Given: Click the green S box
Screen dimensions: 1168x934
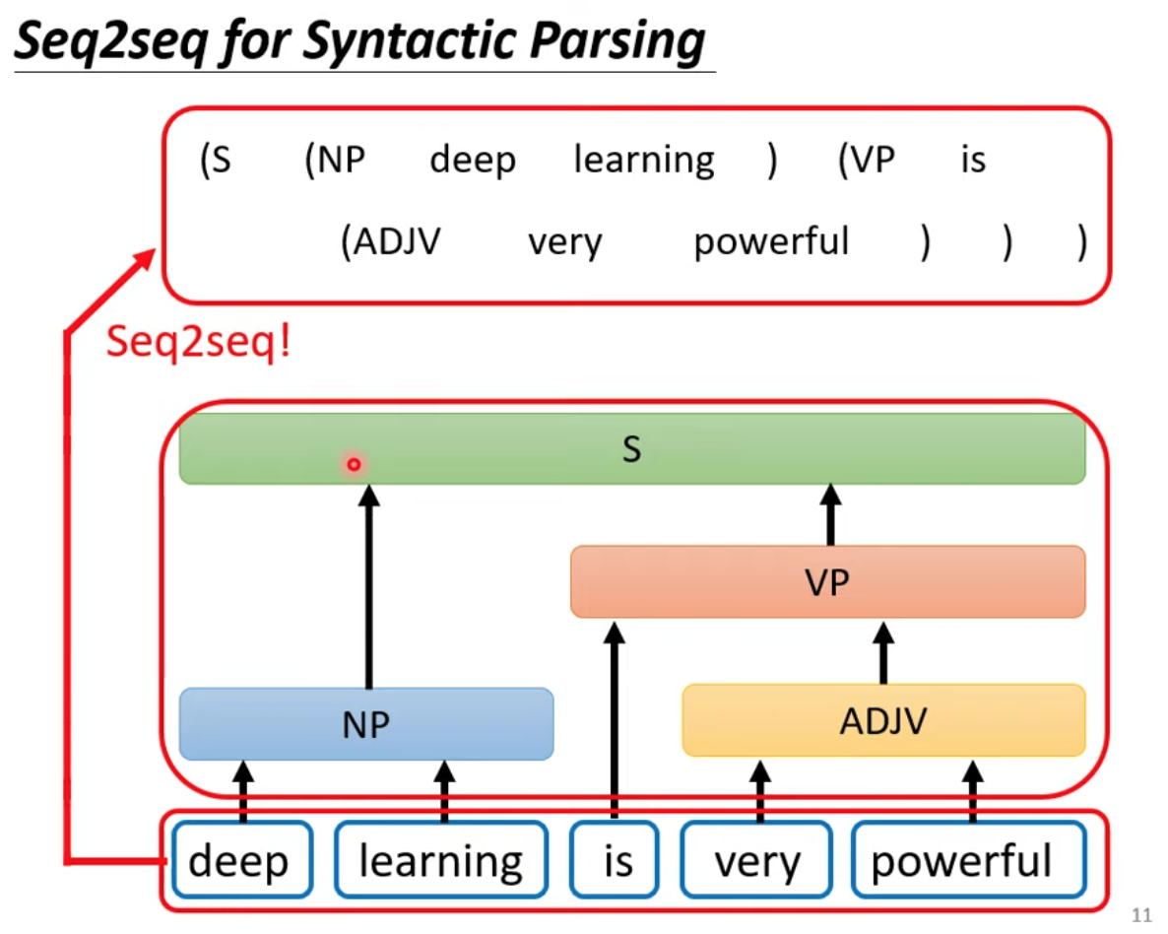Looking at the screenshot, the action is (631, 448).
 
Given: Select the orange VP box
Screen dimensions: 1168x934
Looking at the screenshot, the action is (827, 581).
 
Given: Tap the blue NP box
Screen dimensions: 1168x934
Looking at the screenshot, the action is (365, 724).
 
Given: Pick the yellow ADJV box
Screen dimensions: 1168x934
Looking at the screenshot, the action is (883, 720).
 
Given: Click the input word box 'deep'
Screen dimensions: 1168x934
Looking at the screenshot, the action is (241, 859).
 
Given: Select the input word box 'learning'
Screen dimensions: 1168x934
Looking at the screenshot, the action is (441, 859).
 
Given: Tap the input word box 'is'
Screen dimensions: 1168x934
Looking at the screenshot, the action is (614, 859).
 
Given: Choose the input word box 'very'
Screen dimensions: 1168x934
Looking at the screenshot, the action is (756, 859).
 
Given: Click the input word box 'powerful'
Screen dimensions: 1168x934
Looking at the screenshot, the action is (968, 859).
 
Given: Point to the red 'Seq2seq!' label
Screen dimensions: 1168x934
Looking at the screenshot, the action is (198, 342).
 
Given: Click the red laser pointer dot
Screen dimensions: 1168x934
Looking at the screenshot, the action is (354, 464).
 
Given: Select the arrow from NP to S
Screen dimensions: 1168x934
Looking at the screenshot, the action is (368, 586).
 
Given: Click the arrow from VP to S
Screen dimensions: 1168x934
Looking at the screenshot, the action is (830, 515).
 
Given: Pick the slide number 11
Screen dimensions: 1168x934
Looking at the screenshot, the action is (1141, 914).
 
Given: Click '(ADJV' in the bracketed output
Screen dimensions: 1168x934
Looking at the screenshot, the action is (390, 241).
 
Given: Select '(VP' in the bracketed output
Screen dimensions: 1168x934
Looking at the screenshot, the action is (867, 160).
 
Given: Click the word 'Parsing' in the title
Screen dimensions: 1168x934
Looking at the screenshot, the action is (617, 40).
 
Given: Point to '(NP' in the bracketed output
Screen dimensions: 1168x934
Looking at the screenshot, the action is (335, 160).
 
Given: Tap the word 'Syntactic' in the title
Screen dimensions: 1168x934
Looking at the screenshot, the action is (409, 40).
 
